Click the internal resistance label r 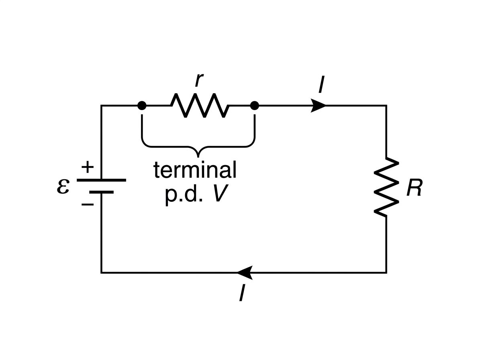pos(199,80)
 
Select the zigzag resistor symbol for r pos(200,105)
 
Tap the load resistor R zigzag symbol pos(386,187)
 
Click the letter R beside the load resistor pos(414,187)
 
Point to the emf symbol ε pos(63,186)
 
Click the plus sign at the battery pos(88,167)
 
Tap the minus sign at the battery pos(88,205)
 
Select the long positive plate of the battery pos(102,180)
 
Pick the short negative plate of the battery pos(102,192)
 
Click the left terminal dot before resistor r pos(142,106)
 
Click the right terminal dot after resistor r pos(255,106)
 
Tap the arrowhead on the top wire pos(318,106)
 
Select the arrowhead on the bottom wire pos(244,273)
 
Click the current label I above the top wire pos(321,84)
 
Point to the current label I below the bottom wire pos(242,293)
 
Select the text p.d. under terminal pos(184,195)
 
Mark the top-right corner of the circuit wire pos(386,106)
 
